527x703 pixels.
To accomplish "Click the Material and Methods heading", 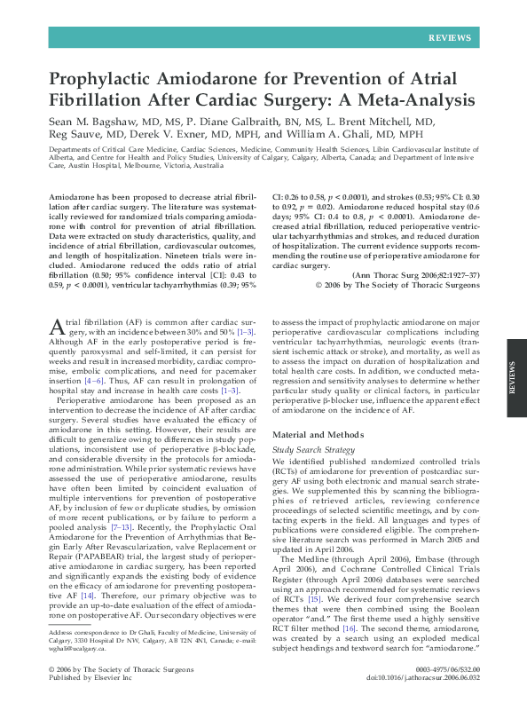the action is click(x=322, y=435).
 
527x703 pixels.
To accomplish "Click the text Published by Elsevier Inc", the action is click(x=90, y=674).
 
